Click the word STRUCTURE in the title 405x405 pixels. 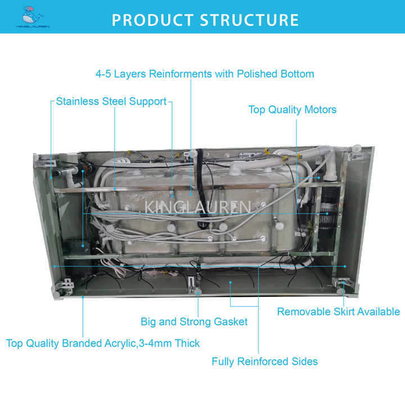coord(250,20)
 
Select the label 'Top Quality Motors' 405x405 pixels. coord(292,110)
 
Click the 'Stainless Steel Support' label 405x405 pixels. coord(111,102)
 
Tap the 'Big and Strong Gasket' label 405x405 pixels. coord(194,322)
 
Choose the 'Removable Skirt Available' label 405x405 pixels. coord(338,312)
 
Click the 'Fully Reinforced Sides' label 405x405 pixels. coord(264,361)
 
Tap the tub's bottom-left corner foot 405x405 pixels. coord(58,290)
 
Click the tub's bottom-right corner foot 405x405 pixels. coord(341,290)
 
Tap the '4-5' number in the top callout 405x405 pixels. coord(105,74)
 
